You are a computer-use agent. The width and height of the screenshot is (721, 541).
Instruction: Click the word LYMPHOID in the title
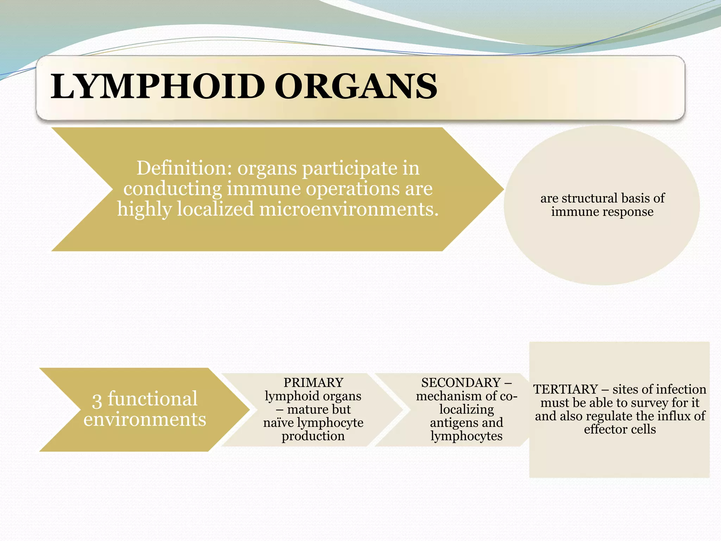(157, 87)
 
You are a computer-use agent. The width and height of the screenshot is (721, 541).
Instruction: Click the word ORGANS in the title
(356, 87)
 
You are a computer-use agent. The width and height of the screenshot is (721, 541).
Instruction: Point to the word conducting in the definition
(173, 188)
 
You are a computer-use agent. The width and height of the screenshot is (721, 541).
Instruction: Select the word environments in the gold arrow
(145, 419)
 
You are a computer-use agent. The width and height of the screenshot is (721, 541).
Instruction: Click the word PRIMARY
(313, 383)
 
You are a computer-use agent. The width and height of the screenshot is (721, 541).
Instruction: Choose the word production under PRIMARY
(313, 436)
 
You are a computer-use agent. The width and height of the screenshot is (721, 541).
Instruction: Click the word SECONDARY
(461, 383)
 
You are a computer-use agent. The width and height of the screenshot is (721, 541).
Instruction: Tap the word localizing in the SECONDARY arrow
(466, 409)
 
